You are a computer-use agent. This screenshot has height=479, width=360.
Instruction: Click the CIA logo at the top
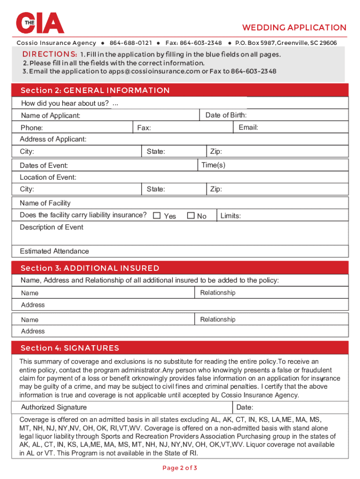pos(40,23)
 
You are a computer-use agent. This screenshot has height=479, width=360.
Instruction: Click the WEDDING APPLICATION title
pos(294,28)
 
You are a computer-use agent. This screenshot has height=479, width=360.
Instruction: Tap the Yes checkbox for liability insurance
pos(157,216)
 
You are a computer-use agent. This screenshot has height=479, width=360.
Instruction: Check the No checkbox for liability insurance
pos(191,216)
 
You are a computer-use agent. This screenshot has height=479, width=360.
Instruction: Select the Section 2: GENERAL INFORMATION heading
pos(95,90)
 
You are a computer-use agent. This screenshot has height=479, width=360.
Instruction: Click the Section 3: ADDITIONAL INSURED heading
pos(90,268)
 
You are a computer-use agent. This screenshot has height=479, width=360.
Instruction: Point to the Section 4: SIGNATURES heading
pos(70,348)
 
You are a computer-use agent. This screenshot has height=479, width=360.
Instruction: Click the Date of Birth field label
pos(226,115)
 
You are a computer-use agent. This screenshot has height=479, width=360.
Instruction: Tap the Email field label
pos(248,127)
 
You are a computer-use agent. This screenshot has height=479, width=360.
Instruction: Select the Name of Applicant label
pos(50,116)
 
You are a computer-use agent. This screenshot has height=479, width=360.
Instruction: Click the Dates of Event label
pos(44,166)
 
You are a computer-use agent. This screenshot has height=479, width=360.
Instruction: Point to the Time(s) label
pos(213,165)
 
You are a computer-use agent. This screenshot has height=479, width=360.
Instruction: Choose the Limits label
pos(230,216)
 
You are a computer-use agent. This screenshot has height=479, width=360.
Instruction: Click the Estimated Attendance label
pos(54,251)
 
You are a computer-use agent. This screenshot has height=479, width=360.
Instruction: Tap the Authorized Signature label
pos(54,407)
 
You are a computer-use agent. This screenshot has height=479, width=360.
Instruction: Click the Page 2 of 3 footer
pos(180,468)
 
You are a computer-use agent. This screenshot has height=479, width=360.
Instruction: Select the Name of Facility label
pos(45,203)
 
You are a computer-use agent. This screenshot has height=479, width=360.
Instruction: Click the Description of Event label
pos(51,227)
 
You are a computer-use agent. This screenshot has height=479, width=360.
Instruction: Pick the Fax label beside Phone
pos(144,128)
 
